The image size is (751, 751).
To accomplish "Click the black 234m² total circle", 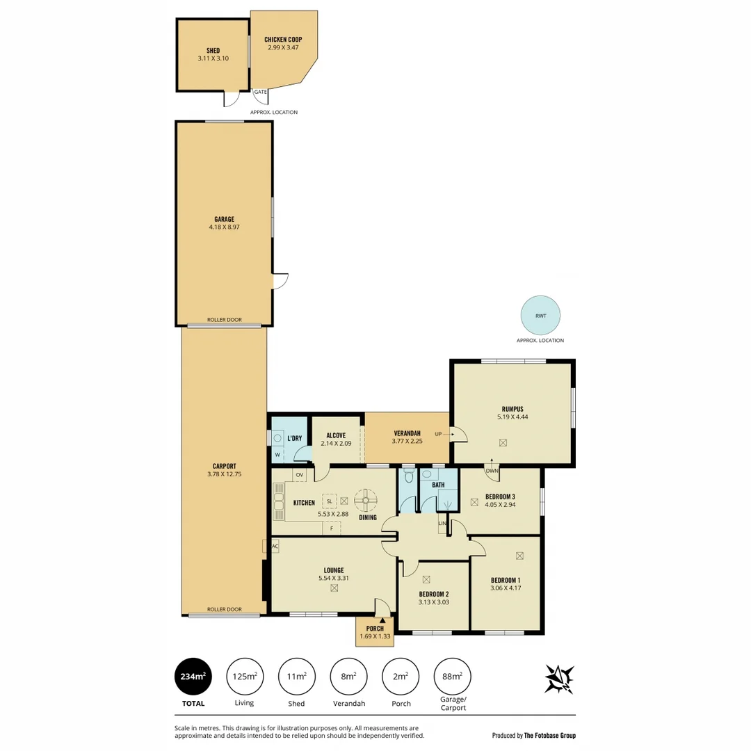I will (x=193, y=677).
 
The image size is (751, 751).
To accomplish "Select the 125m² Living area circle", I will (x=245, y=677).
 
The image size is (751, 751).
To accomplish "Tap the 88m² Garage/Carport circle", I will (x=452, y=677).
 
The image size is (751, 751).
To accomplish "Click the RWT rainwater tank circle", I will (x=540, y=316).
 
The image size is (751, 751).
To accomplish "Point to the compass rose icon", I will (x=559, y=679).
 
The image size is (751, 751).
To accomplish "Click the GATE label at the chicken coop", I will (x=260, y=92).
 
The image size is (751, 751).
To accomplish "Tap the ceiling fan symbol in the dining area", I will (x=366, y=499).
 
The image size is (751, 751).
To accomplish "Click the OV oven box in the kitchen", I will (x=300, y=475).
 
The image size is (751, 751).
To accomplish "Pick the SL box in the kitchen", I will (x=329, y=501).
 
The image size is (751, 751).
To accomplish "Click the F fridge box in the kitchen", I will (x=332, y=528).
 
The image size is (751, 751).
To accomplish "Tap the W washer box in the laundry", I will (x=277, y=455).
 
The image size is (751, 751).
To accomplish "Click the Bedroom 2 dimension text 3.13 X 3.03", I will (x=433, y=603).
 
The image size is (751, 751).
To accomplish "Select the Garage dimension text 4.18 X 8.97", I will (x=224, y=227).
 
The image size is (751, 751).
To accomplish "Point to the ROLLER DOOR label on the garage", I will (x=224, y=320).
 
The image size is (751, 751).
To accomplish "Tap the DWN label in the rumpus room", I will (x=492, y=470).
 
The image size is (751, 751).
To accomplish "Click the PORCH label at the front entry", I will (x=374, y=629).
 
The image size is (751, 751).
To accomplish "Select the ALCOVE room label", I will (x=335, y=436).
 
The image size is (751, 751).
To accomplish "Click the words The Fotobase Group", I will (x=550, y=735).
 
